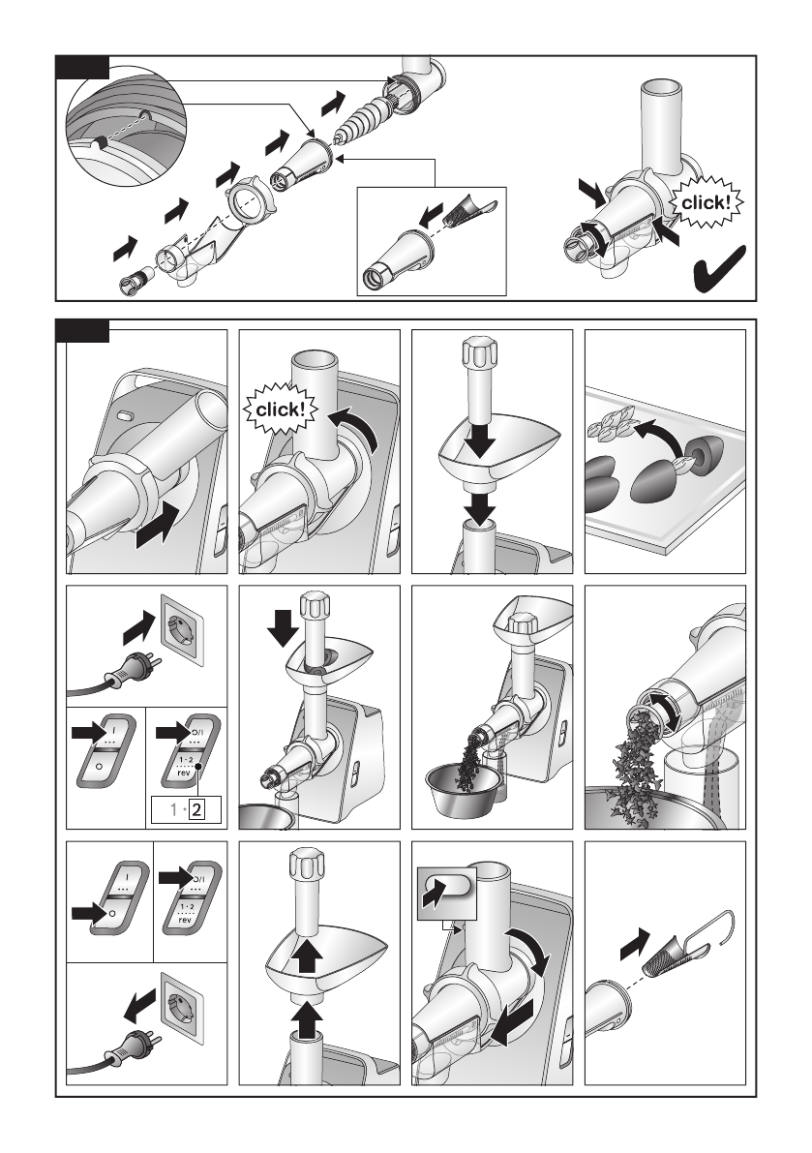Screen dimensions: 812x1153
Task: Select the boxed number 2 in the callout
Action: point(196,810)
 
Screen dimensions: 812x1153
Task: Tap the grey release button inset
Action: point(447,893)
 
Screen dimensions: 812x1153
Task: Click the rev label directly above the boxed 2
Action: point(185,772)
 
